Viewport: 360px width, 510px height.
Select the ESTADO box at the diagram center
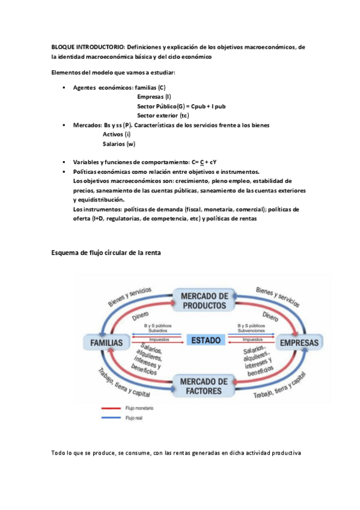click(x=206, y=340)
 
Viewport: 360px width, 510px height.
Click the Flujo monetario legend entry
click(x=139, y=408)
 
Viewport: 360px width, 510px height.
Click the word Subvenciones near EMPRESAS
click(x=251, y=330)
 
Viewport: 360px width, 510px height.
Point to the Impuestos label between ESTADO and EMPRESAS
click(x=251, y=339)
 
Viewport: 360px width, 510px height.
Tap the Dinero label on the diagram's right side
click(x=270, y=314)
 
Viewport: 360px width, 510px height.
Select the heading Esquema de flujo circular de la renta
click(x=106, y=253)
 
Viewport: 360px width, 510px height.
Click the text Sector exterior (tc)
click(x=163, y=115)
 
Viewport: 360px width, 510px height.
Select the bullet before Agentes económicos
click(x=64, y=88)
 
